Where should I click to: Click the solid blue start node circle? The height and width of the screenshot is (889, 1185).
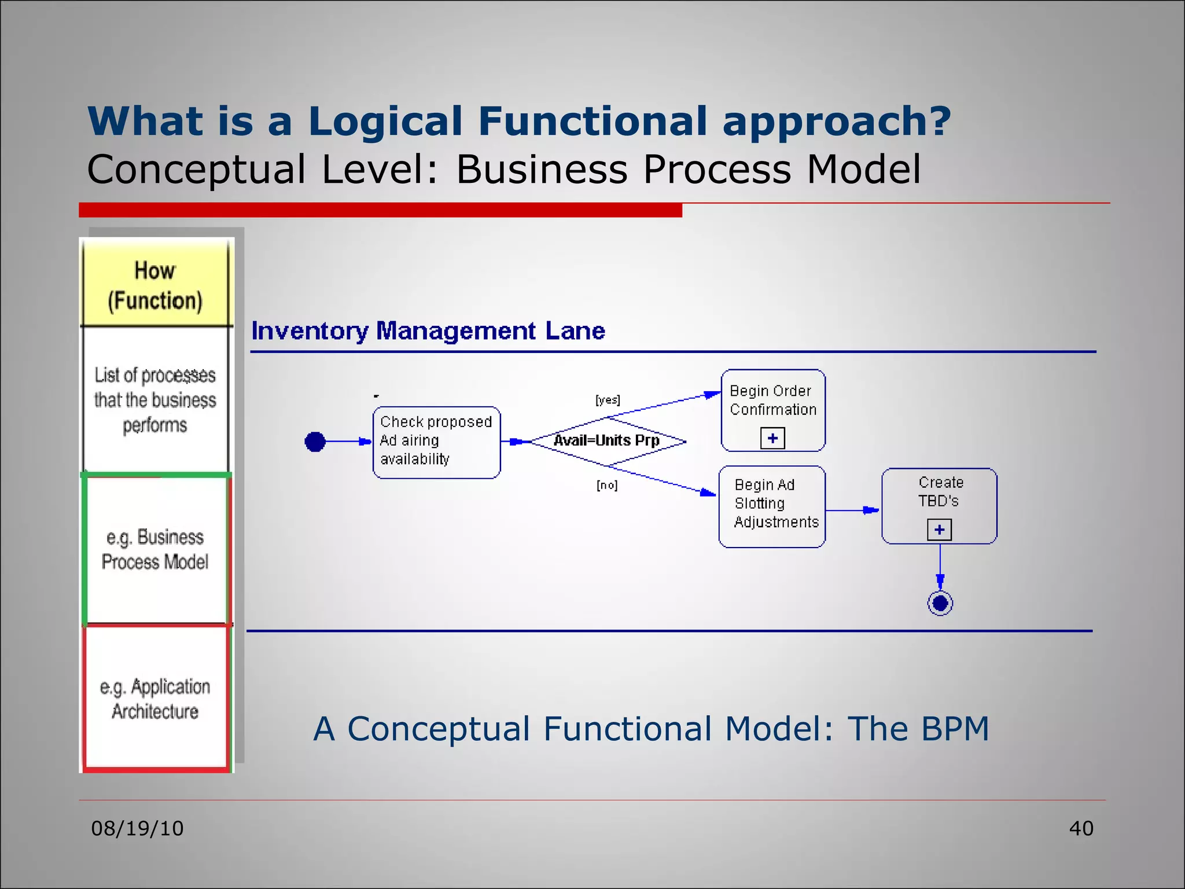point(315,442)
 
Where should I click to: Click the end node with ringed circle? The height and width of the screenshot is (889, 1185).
point(940,603)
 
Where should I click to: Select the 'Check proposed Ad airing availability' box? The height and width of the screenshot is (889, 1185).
point(436,442)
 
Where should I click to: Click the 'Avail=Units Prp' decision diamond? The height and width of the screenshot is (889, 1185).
point(608,441)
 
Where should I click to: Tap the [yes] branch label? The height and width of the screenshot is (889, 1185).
point(608,400)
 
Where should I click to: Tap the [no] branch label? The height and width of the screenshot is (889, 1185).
point(607,485)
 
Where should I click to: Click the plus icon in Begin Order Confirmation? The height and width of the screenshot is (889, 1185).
point(772,438)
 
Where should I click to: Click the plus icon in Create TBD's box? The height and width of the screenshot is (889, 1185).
point(939,530)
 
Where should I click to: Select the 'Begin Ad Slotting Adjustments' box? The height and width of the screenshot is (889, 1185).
point(772,506)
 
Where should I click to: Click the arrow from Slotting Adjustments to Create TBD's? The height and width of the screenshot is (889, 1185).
point(853,510)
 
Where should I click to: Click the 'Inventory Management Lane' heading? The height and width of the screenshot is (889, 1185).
point(428,331)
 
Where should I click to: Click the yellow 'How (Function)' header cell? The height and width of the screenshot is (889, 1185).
point(155,285)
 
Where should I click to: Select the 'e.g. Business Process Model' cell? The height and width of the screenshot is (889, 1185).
point(155,549)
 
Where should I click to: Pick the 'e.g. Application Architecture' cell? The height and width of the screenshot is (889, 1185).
point(155,698)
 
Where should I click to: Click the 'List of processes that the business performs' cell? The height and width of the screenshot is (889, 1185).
point(155,399)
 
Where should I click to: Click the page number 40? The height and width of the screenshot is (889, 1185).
point(1081,828)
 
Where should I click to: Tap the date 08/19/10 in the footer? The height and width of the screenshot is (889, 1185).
point(137,828)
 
